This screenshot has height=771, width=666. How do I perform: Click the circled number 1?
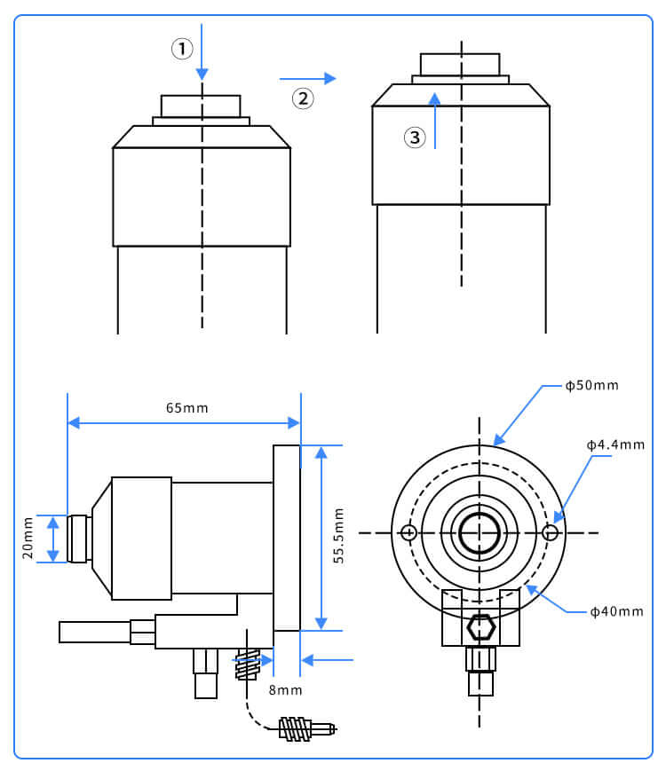[182, 49]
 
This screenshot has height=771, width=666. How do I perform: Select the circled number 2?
[304, 98]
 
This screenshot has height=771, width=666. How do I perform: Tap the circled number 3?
[415, 138]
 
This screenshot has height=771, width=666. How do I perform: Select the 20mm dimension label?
[28, 539]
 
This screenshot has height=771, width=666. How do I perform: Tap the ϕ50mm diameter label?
[591, 386]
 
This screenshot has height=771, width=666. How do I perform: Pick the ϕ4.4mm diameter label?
[615, 444]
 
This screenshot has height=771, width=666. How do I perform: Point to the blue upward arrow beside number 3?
[434, 120]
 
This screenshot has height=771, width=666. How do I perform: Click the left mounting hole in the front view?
[408, 533]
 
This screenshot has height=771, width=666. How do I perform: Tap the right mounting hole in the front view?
[551, 533]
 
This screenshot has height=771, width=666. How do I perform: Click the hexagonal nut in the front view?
[480, 627]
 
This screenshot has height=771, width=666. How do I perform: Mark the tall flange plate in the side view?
[287, 538]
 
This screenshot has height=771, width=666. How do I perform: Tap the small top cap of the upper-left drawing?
[201, 106]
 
